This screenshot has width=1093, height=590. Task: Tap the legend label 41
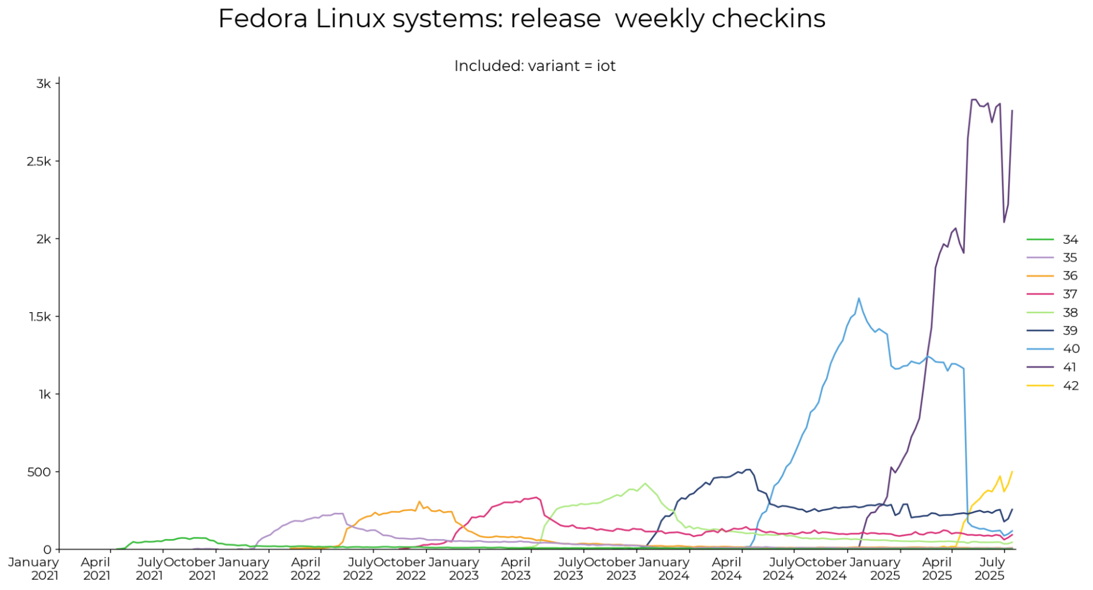[1069, 367]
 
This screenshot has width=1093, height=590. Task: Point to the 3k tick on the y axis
[43, 84]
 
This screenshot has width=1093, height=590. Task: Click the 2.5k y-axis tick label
[39, 161]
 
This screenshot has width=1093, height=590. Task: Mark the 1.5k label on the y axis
[39, 317]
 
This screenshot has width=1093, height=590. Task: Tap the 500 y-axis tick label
[39, 472]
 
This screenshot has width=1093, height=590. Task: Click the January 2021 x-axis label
[33, 569]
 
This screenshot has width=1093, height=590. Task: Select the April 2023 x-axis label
[516, 569]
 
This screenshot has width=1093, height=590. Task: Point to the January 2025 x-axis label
[874, 569]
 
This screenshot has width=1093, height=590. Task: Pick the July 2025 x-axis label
[991, 569]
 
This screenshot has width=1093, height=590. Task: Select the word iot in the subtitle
[606, 66]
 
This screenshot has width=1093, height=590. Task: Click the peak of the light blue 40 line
[859, 298]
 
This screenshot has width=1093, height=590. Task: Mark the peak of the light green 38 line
[645, 483]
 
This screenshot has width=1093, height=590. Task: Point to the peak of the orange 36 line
[419, 501]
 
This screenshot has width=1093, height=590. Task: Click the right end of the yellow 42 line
[1012, 471]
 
